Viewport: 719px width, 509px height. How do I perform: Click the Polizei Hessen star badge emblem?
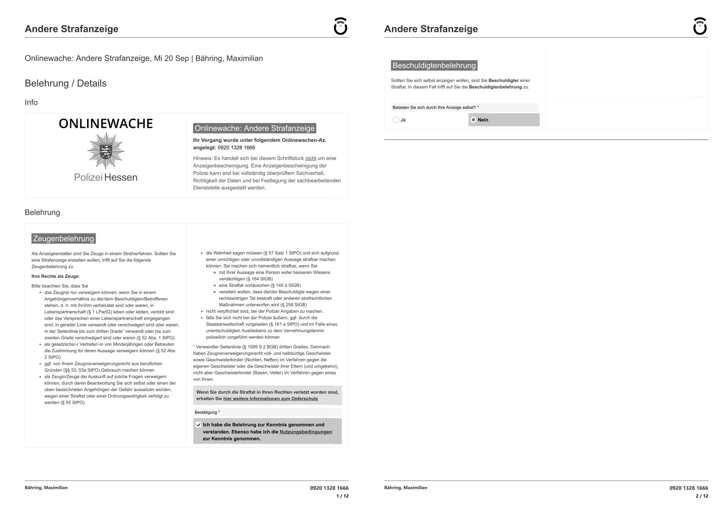(x=105, y=150)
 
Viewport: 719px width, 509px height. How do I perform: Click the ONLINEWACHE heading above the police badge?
(x=105, y=124)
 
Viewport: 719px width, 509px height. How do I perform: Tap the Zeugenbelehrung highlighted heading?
(x=63, y=238)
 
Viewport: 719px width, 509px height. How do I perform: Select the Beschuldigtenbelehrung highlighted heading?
(x=434, y=65)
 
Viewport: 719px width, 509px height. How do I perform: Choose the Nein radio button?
(x=473, y=120)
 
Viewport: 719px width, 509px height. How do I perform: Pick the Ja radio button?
(x=396, y=120)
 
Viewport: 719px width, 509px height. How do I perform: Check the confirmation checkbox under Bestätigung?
(x=198, y=425)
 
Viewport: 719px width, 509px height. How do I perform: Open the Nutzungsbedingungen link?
(x=306, y=432)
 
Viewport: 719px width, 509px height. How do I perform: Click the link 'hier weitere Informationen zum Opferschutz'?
(x=270, y=399)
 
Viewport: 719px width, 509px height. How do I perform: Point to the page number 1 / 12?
(x=342, y=496)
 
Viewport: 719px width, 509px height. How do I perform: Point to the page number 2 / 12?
(x=702, y=496)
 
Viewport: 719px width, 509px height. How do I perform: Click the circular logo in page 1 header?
(x=340, y=26)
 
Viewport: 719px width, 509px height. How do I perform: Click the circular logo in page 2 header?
(x=700, y=26)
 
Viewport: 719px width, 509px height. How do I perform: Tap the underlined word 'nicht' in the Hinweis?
(x=310, y=158)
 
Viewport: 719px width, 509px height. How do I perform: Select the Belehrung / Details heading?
(x=66, y=83)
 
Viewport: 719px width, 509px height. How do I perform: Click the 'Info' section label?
(x=31, y=103)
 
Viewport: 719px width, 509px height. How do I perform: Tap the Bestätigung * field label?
(x=207, y=412)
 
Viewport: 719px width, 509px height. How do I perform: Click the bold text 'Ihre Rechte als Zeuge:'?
(x=56, y=276)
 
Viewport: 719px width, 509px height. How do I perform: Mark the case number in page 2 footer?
(x=689, y=488)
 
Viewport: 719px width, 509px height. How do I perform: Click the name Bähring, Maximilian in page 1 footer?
(x=46, y=488)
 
